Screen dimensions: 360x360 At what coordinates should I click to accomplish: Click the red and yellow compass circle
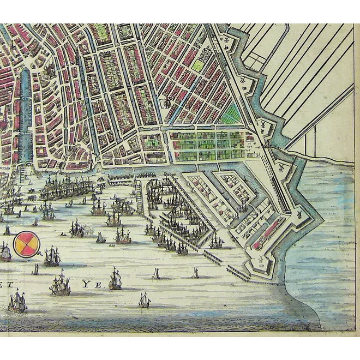click(x=27, y=244)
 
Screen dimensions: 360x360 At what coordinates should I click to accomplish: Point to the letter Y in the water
click(x=85, y=284)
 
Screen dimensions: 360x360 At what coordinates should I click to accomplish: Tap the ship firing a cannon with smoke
click(x=77, y=229)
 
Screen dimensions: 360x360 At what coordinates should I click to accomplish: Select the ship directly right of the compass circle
click(x=52, y=256)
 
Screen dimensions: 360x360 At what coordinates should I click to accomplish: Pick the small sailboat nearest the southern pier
click(x=195, y=273)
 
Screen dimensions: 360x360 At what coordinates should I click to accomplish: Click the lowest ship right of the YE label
click(x=144, y=299)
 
